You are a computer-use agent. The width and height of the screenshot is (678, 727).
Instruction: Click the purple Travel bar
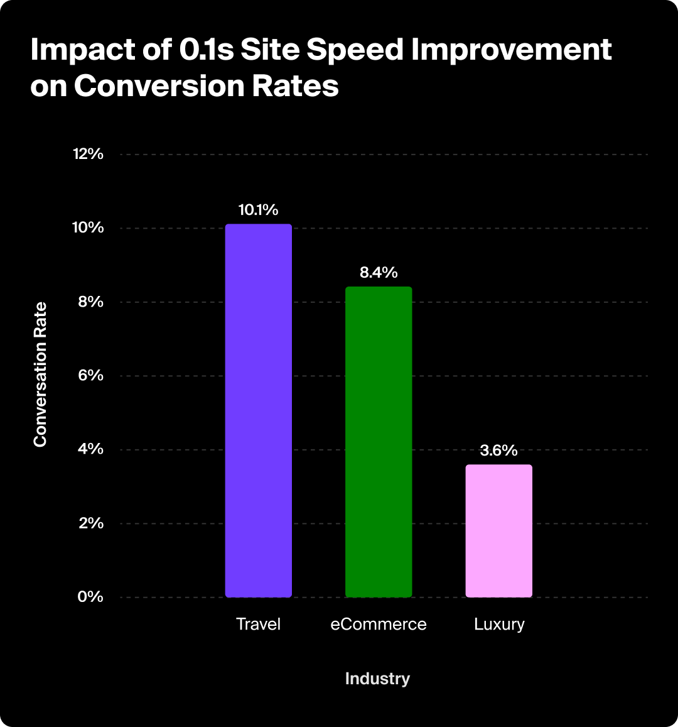click(x=259, y=410)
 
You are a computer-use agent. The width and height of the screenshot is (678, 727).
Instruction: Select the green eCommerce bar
click(x=379, y=442)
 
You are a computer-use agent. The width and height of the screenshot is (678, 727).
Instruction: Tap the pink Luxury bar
click(x=498, y=531)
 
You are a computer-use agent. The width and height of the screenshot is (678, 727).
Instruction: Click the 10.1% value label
click(x=258, y=210)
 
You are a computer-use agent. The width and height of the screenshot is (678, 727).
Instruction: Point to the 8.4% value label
click(x=379, y=273)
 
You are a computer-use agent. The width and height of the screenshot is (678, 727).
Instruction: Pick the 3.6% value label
click(x=498, y=451)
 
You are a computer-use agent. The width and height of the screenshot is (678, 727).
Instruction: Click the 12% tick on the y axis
click(x=87, y=154)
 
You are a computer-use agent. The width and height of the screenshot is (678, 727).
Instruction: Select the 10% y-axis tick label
click(x=87, y=227)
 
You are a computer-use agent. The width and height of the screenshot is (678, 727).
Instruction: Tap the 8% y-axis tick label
click(x=90, y=302)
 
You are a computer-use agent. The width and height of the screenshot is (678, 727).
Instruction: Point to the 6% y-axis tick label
click(x=90, y=375)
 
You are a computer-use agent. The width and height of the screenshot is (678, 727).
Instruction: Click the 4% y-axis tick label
click(x=90, y=449)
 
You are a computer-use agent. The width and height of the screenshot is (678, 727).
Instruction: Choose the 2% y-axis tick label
click(x=90, y=523)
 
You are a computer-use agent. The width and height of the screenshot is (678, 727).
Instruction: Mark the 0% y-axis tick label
click(x=90, y=596)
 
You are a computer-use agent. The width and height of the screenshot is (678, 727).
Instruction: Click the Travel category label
click(x=258, y=625)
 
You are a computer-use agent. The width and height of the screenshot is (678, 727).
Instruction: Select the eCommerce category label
click(x=379, y=625)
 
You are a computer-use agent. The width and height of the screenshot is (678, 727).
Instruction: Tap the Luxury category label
click(x=499, y=625)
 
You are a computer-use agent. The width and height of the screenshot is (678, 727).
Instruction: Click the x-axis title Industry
click(x=377, y=679)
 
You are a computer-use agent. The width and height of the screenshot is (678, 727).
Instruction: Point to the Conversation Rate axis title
click(x=40, y=375)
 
